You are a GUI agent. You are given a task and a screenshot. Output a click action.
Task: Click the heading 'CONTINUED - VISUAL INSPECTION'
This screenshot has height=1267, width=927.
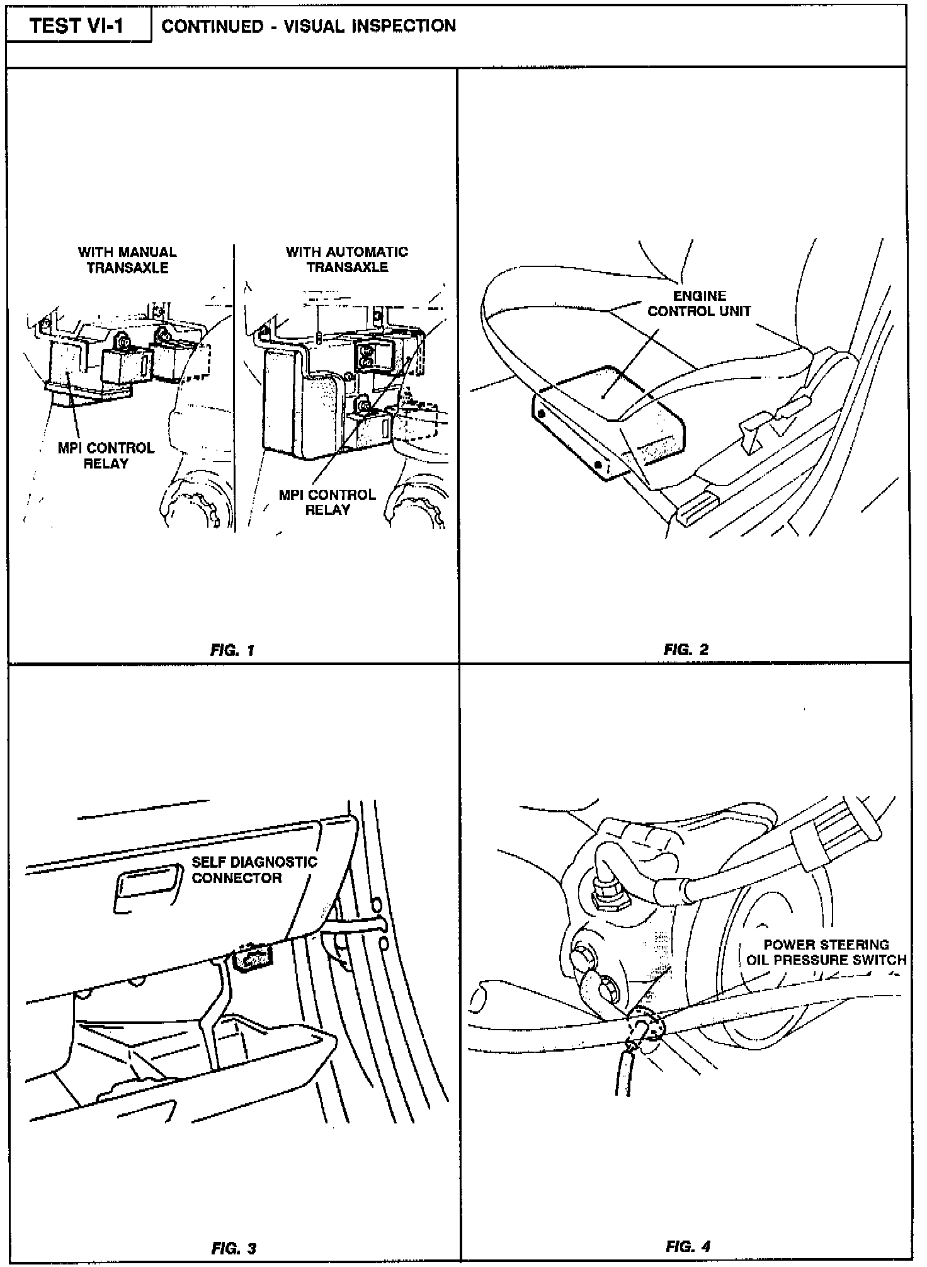click(309, 26)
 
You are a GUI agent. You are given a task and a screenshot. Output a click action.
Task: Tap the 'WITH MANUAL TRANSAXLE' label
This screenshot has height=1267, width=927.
click(127, 259)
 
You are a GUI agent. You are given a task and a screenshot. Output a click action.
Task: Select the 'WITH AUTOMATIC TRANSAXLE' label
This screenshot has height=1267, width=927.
click(347, 259)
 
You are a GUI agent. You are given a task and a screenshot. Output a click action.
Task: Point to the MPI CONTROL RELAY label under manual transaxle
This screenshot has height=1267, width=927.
click(106, 456)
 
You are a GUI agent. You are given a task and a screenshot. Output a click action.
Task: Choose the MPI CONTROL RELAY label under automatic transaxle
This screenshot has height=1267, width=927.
click(327, 502)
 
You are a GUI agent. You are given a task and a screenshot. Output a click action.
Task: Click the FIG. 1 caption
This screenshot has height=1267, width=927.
click(232, 650)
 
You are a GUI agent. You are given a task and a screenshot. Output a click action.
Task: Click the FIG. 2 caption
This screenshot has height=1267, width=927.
click(686, 649)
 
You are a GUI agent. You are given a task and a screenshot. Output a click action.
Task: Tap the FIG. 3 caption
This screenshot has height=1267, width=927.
click(234, 1248)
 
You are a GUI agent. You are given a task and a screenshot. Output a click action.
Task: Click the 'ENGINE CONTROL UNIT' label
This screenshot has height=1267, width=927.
click(699, 304)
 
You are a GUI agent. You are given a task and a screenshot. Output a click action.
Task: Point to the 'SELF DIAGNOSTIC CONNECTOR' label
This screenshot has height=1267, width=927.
click(254, 870)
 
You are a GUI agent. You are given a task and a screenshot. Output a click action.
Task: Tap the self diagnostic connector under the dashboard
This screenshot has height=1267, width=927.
click(252, 960)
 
